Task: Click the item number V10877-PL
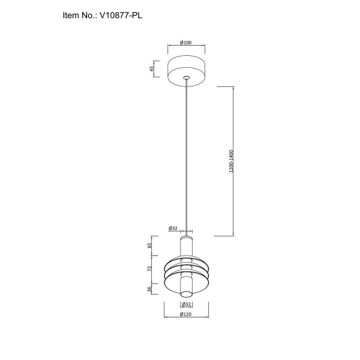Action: pyautogui.click(x=121, y=16)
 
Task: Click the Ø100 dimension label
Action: pyautogui.click(x=186, y=43)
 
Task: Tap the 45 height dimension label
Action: pyautogui.click(x=152, y=68)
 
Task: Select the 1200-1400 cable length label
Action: pyautogui.click(x=231, y=161)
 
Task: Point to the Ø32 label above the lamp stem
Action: pyautogui.click(x=173, y=228)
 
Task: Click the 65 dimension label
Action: pyautogui.click(x=149, y=245)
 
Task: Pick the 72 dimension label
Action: pyautogui.click(x=149, y=269)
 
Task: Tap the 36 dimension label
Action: pyautogui.click(x=149, y=289)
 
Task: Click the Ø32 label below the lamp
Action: pyautogui.click(x=186, y=304)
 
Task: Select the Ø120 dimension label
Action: pyautogui.click(x=186, y=314)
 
